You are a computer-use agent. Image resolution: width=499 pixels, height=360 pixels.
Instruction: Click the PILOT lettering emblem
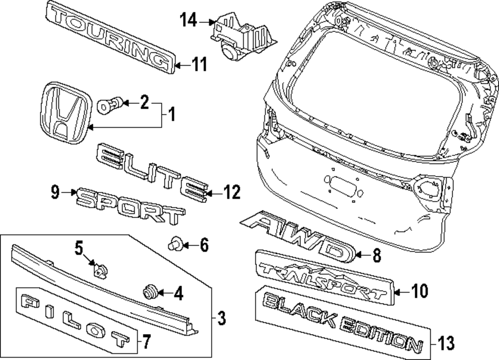point(75,319)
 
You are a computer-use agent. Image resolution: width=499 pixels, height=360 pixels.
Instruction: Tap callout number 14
point(188,21)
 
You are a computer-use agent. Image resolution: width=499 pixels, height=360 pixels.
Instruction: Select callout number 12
point(232,192)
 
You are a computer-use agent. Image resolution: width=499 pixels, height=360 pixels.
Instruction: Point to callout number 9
point(55,191)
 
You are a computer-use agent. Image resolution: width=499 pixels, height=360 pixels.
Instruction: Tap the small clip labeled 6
point(175,244)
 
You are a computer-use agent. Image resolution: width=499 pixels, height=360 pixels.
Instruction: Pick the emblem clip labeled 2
point(108,105)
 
